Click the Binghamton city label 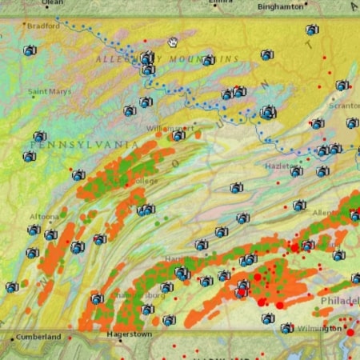coord(281,6)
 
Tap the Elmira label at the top coord(221,2)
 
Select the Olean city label coord(53,3)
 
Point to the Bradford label coord(43,26)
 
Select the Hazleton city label coord(281,166)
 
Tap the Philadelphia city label coord(339,300)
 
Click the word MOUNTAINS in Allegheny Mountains coord(210,59)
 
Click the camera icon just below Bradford coord(30,50)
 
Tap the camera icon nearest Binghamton coord(312,30)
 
